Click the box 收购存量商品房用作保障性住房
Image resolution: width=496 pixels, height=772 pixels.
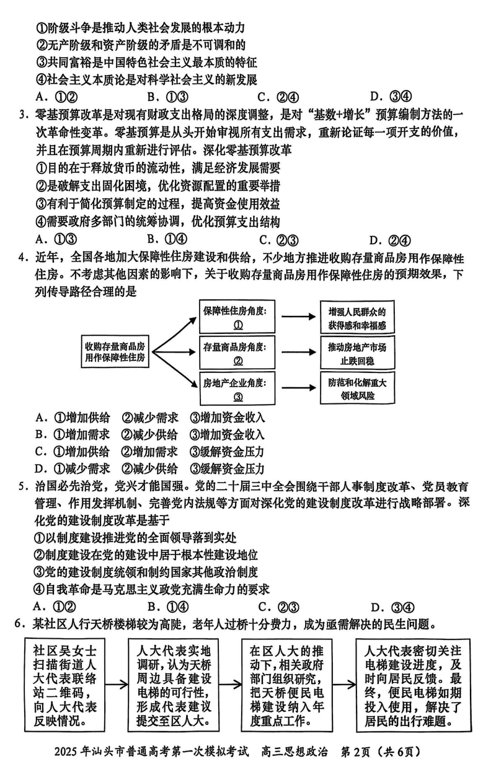coord(116,351)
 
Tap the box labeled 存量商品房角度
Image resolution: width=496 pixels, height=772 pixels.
coord(237,353)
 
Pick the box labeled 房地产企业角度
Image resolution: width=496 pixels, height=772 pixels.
coord(237,389)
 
